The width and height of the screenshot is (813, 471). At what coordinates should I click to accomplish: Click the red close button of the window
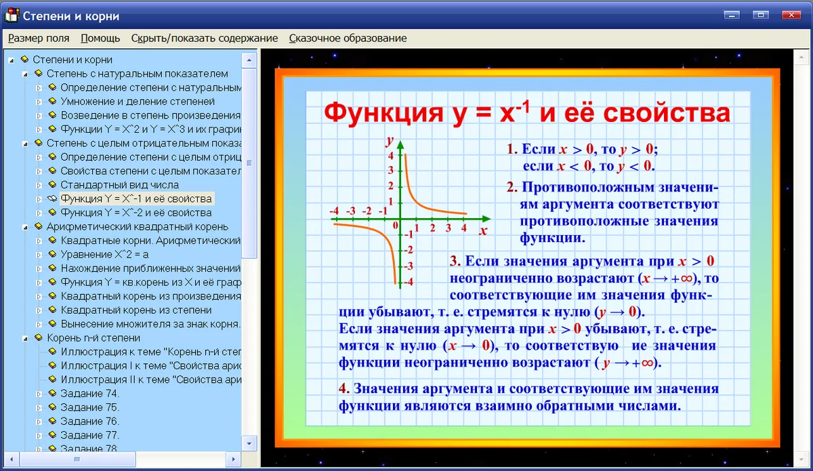(791, 15)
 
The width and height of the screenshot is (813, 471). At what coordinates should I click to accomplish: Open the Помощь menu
(100, 38)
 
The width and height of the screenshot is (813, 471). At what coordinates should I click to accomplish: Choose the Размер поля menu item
(39, 38)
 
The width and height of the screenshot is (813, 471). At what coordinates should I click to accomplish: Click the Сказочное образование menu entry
(348, 38)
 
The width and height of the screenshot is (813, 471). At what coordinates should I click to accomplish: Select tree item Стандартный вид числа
(119, 185)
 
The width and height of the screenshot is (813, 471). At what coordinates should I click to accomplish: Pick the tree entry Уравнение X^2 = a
(104, 254)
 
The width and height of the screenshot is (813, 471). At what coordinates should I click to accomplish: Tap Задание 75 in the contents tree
(89, 407)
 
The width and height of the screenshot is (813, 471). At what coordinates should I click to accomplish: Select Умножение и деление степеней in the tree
(138, 102)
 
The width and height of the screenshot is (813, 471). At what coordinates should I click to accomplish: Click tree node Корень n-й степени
(93, 337)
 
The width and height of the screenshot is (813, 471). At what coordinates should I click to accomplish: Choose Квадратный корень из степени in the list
(136, 310)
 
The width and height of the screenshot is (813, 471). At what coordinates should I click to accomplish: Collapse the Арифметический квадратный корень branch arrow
(25, 227)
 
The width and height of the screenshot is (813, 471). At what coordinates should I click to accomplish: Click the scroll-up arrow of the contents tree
(249, 60)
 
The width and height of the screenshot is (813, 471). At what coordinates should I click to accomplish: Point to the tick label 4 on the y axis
(390, 156)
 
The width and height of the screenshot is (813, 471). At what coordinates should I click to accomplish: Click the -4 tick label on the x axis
(334, 211)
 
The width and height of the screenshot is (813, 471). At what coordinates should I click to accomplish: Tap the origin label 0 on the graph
(395, 226)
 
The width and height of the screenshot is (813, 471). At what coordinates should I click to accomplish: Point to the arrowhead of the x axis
(486, 219)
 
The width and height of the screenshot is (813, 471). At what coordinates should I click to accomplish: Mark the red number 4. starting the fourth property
(343, 388)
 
